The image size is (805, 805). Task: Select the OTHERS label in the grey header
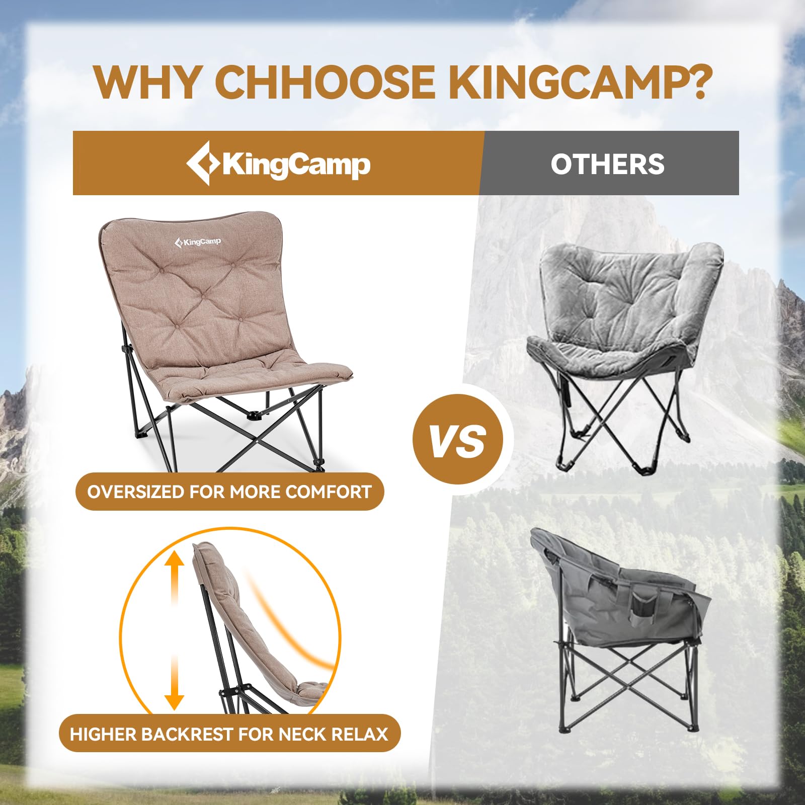(x=607, y=164)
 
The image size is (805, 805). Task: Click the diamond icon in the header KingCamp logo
(x=203, y=163)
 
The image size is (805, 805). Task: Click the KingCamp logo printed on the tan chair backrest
(x=198, y=242)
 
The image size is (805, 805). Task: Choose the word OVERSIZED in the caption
(x=135, y=492)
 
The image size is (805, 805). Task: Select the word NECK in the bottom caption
(x=301, y=734)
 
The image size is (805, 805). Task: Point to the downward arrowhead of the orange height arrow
(x=174, y=701)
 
